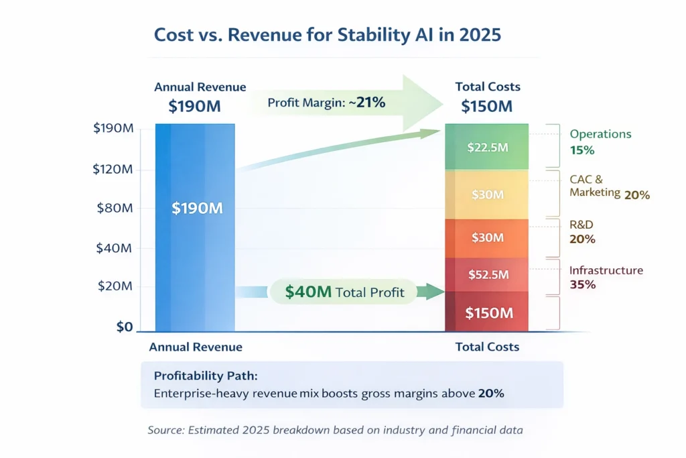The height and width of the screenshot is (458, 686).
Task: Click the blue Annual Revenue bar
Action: [x=195, y=255]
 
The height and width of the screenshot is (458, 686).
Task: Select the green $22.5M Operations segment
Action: [x=487, y=148]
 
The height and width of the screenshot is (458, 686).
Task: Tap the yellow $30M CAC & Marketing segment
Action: [x=487, y=194]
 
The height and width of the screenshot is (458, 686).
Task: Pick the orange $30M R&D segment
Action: [x=487, y=238]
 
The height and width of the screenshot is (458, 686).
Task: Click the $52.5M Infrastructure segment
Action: [x=487, y=274]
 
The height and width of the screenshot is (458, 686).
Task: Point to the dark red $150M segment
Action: [x=487, y=312]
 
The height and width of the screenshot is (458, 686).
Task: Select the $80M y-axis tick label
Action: [x=115, y=208]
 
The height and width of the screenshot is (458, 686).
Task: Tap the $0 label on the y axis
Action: [x=125, y=327]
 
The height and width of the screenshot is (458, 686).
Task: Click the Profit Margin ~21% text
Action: [x=326, y=103]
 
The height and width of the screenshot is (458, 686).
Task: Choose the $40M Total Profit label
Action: [x=344, y=292]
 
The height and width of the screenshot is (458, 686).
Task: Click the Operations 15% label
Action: [x=600, y=141]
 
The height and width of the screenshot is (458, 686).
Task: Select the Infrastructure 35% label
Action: [x=606, y=277]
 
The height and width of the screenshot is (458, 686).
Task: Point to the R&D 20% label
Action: [x=582, y=232]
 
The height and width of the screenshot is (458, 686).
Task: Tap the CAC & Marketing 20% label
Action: [x=608, y=187]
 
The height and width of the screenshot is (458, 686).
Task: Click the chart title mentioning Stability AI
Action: [x=327, y=35]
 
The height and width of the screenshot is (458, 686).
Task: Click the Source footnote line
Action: [x=335, y=430]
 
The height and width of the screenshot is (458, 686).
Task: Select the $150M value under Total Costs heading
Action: [x=487, y=106]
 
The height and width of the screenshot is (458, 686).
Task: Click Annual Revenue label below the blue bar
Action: [x=195, y=347]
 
